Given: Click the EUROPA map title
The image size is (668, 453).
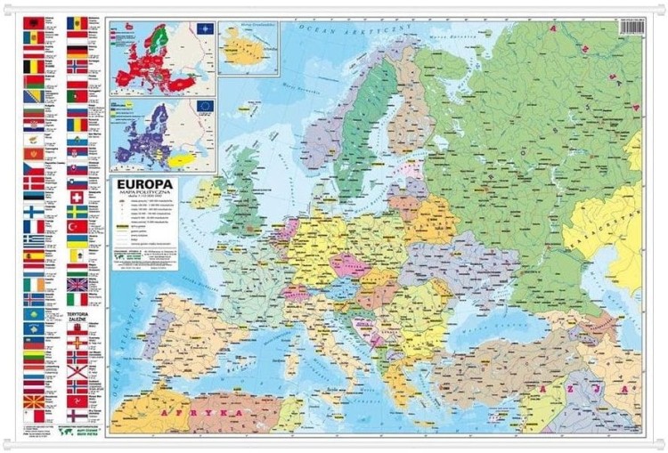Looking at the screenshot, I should coord(165,186).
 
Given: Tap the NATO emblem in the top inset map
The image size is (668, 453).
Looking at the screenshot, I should coord(205,29).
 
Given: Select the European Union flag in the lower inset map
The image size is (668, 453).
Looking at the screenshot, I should coord(206,106).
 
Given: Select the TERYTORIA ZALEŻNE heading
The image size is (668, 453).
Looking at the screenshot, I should coord(77,317).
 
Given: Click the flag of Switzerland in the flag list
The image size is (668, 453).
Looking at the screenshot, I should coord(77,197).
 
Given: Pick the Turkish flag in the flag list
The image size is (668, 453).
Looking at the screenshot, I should coord(77,227).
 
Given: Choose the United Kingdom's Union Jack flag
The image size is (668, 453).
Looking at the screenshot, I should coord(77,285).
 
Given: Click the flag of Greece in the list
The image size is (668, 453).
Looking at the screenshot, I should coord(33,240).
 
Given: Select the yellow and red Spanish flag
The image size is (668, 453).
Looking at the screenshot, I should coord(33,255).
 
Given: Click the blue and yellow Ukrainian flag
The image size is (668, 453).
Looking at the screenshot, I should coord(77,241).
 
